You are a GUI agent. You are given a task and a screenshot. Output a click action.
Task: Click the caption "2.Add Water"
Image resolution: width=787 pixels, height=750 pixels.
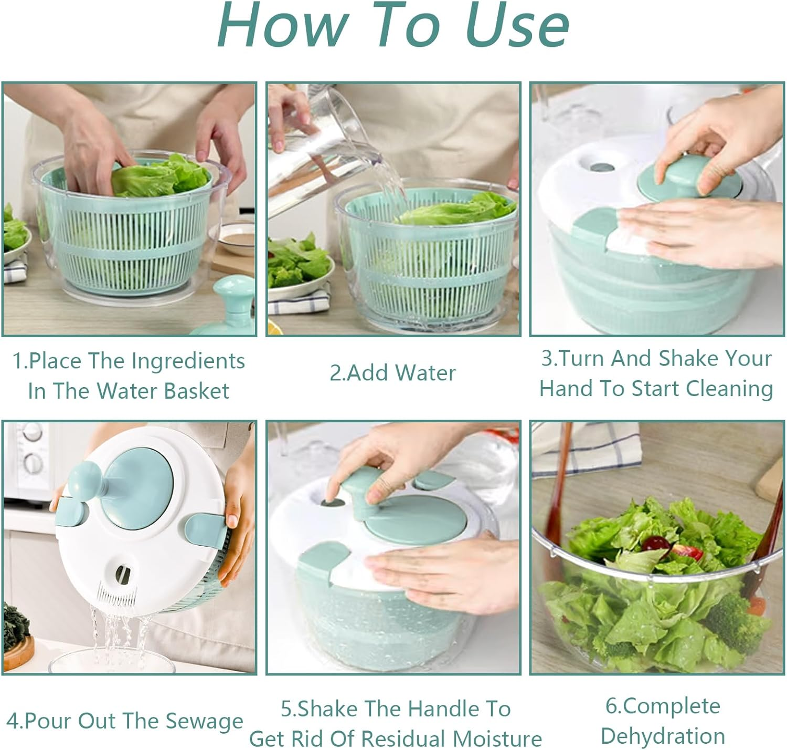pos(392,373)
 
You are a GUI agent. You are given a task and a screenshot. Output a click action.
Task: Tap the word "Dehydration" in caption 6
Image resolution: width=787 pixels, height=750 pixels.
pos(663,736)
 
